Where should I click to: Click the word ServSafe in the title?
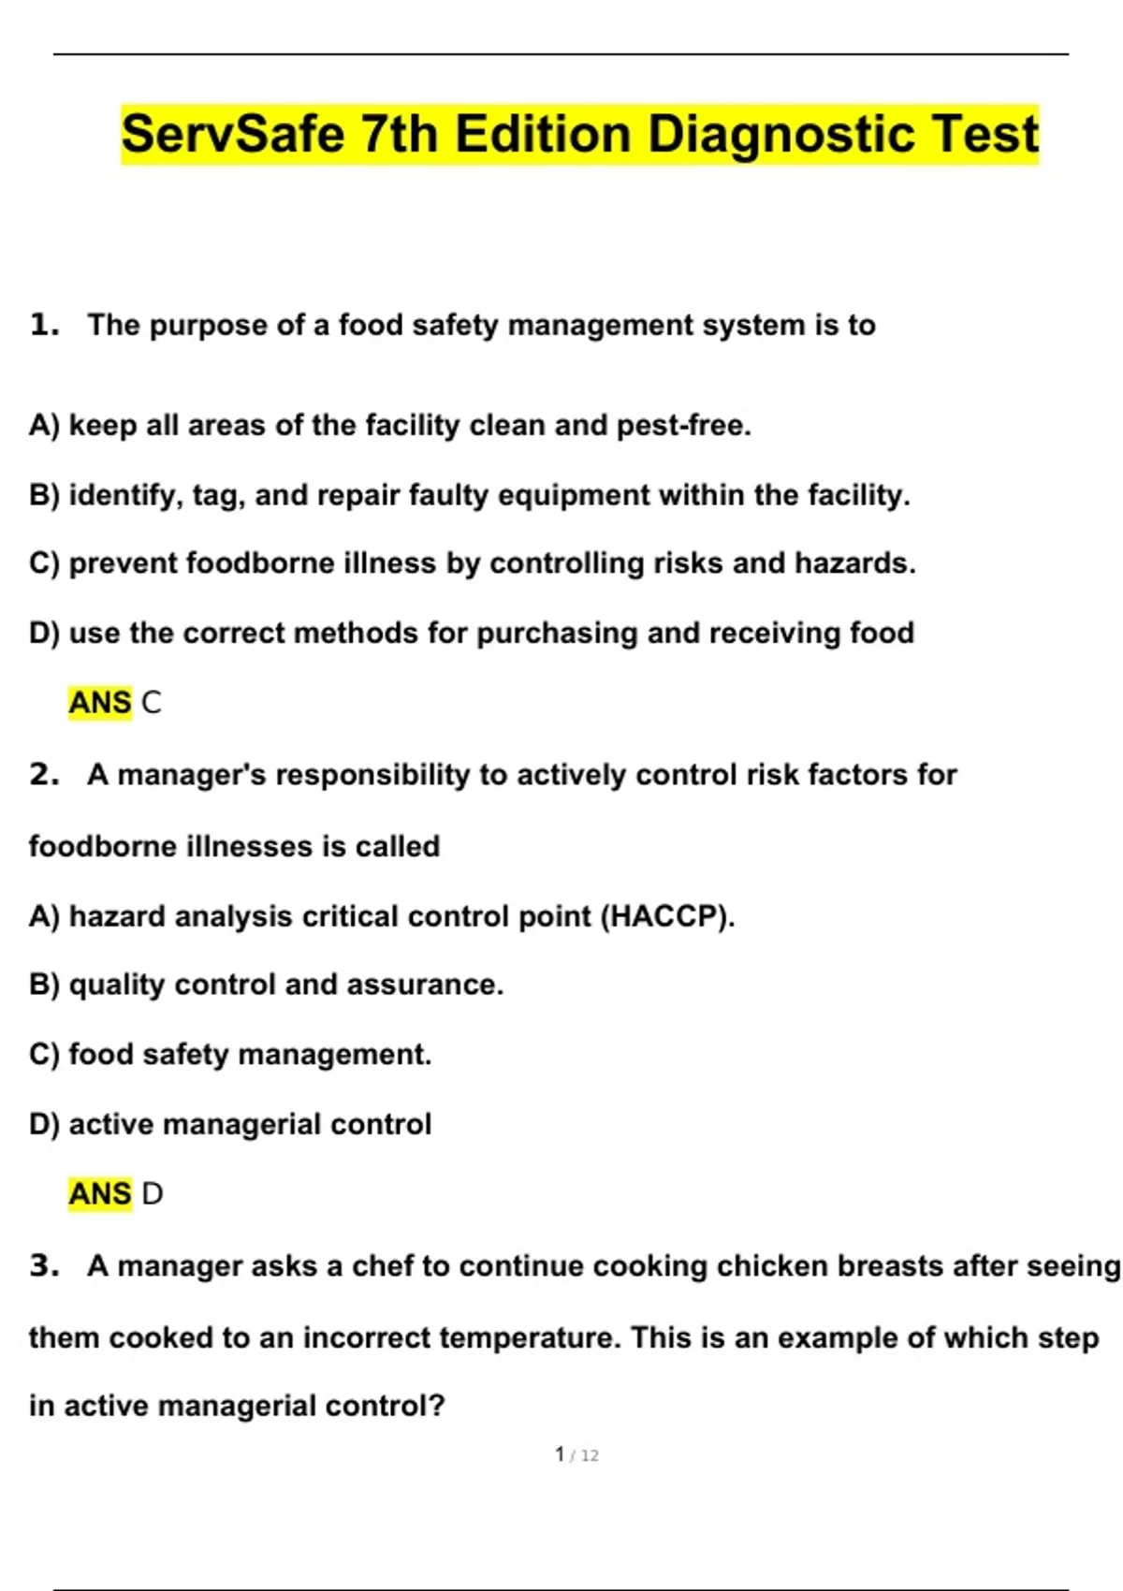pyautogui.click(x=234, y=134)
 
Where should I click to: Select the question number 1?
pyautogui.click(x=42, y=325)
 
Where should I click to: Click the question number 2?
pyautogui.click(x=42, y=775)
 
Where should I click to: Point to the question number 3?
pyautogui.click(x=42, y=1266)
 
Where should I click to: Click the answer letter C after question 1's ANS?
pyautogui.click(x=151, y=703)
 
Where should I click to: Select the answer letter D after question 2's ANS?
pyautogui.click(x=152, y=1194)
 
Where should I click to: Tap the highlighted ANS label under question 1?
pyautogui.click(x=100, y=703)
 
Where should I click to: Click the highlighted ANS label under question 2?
pyautogui.click(x=100, y=1194)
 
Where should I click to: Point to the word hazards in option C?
pyautogui.click(x=854, y=563)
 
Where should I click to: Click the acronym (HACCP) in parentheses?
pyautogui.click(x=666, y=916)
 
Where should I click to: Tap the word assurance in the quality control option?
pyautogui.click(x=424, y=985)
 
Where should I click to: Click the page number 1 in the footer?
pyautogui.click(x=560, y=1454)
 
